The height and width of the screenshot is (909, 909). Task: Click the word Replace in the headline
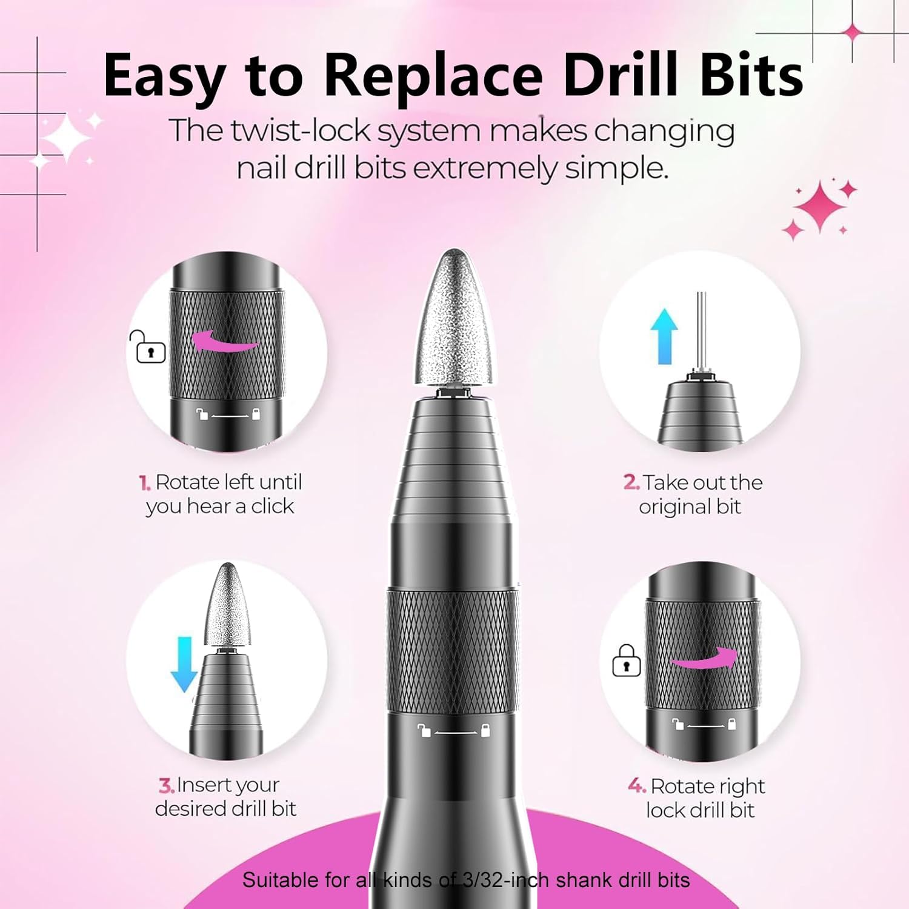point(433,76)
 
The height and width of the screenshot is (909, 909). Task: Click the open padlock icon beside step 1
point(148,347)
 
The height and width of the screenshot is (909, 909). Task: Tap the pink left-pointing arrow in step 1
point(224,342)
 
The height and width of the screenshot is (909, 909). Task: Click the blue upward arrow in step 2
point(664,336)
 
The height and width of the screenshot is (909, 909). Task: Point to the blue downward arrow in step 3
point(183,664)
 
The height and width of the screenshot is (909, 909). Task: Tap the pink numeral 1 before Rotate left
point(144,483)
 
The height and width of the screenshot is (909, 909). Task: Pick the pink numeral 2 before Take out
point(631,482)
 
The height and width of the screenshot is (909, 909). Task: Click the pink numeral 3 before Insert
point(166,786)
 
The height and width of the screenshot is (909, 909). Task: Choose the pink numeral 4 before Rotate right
point(636,786)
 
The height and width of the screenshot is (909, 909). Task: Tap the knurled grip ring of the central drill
point(453,651)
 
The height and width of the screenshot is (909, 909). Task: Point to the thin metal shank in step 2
point(702,330)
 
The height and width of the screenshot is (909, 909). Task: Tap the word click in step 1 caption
point(272,507)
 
